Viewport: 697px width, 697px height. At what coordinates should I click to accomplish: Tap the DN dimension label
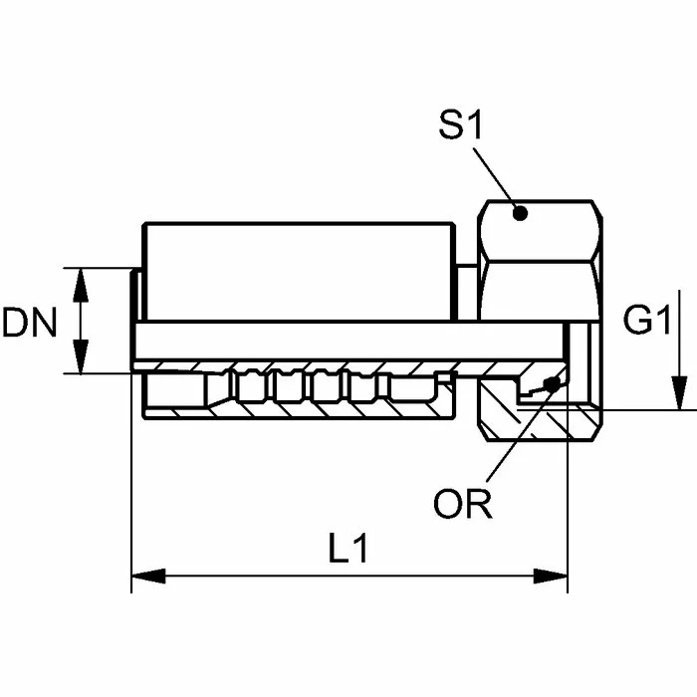coord(29,323)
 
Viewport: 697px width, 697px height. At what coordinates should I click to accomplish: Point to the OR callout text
coord(463,505)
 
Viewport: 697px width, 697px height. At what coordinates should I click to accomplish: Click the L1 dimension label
coord(348,550)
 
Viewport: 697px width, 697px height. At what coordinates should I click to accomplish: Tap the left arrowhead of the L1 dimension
coord(145,577)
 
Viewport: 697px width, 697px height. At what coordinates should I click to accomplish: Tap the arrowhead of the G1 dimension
coord(677,396)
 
